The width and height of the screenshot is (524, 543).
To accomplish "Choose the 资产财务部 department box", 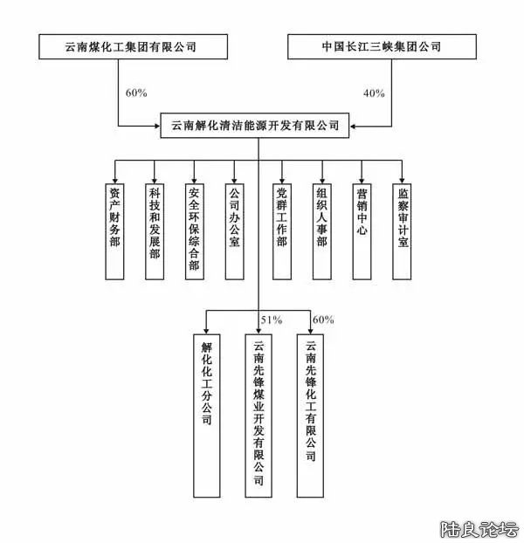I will click(114, 231).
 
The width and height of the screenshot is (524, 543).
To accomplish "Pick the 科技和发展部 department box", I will click(154, 231).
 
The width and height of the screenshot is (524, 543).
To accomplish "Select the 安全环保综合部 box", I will click(194, 231).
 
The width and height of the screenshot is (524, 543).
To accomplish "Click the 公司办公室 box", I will click(233, 231).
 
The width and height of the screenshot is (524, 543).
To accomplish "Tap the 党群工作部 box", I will click(281, 231).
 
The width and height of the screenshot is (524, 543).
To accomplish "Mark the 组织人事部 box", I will click(321, 231).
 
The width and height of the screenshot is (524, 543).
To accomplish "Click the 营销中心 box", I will click(362, 231).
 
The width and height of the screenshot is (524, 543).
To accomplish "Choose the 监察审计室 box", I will click(402, 231).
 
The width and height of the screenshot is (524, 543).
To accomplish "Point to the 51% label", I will click(271, 320).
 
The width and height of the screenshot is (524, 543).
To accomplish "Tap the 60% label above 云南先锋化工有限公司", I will click(322, 320).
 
